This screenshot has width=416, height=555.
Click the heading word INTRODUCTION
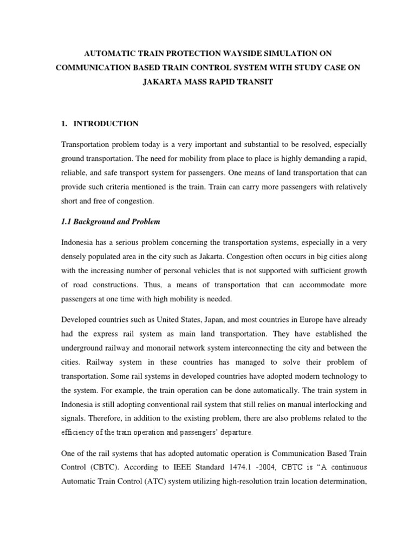click(x=106, y=124)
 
